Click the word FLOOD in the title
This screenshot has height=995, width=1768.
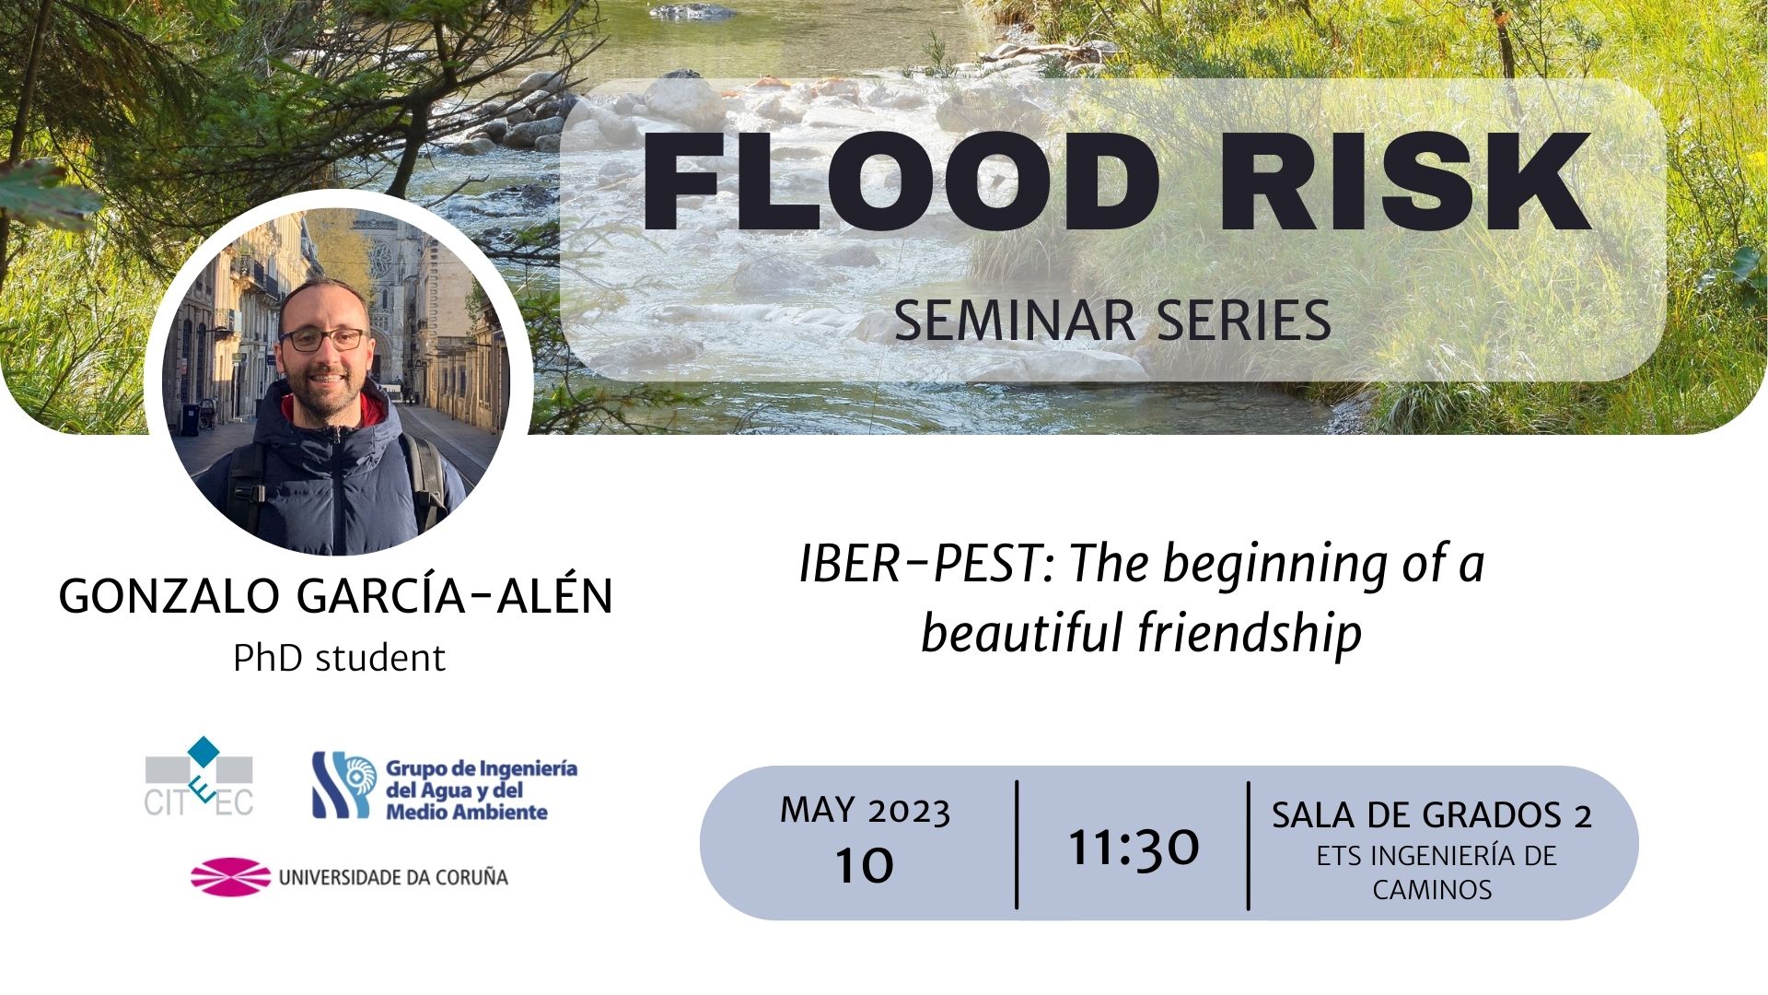click(900, 181)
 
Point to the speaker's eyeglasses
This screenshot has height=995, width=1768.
click(323, 339)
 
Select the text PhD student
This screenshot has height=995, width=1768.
click(339, 659)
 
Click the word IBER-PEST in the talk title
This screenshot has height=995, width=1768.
click(928, 565)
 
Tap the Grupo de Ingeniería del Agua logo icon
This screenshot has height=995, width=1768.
click(343, 785)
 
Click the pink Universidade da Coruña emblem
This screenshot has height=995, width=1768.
click(230, 876)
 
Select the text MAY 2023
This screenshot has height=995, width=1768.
click(865, 811)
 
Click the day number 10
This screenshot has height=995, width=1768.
click(865, 865)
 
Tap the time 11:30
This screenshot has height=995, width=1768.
click(1134, 847)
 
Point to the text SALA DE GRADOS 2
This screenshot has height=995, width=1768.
click(1432, 815)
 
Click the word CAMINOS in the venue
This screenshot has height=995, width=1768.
click(1432, 890)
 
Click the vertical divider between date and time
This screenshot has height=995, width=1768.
click(1017, 845)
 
